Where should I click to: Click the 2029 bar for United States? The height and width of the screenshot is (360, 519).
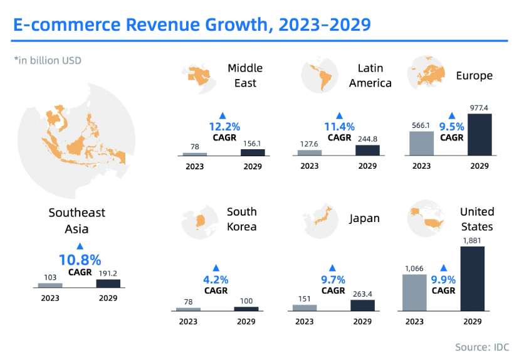pos(472,278)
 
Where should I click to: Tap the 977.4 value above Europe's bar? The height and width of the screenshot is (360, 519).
pos(480,107)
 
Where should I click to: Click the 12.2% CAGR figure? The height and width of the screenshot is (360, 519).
pos(222,127)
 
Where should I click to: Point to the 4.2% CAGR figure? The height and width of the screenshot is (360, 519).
pos(216,280)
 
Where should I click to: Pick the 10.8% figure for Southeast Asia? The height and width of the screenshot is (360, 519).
pos(80,260)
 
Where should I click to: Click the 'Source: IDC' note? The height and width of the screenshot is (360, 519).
pos(482,347)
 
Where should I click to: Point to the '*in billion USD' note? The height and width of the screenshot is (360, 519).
pos(48,61)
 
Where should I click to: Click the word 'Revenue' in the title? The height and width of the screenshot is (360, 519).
pos(169,25)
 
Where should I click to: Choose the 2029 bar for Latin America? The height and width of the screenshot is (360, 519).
pos(367,150)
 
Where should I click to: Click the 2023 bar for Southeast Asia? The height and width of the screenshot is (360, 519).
pos(50,285)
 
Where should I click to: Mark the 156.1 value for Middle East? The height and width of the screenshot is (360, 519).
pos(253,143)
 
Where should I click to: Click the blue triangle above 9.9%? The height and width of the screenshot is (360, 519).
pos(444,267)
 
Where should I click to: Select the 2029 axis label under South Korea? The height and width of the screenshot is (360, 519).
pos(246,322)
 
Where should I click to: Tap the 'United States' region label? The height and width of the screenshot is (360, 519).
pos(477,219)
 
